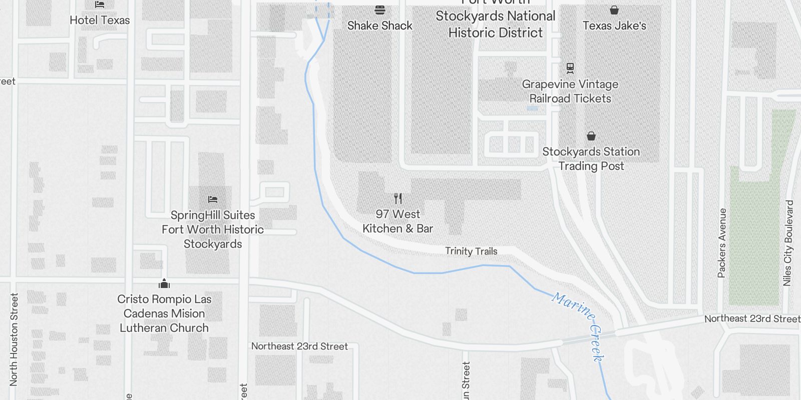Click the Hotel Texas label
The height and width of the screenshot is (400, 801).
pyautogui.click(x=100, y=20)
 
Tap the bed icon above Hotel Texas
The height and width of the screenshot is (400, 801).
pyautogui.click(x=100, y=5)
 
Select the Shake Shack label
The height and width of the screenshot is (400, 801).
pyautogui.click(x=379, y=25)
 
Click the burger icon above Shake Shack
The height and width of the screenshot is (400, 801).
pyautogui.click(x=379, y=10)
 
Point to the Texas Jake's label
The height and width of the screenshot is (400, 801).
pyautogui.click(x=614, y=25)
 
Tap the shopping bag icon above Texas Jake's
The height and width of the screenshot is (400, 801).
pyautogui.click(x=614, y=10)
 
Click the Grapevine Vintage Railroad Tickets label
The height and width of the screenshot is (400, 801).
pyautogui.click(x=570, y=91)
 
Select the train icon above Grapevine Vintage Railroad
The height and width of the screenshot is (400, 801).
pyautogui.click(x=570, y=68)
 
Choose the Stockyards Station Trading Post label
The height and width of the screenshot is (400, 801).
pyautogui.click(x=591, y=159)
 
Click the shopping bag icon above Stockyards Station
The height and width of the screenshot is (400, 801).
pyautogui.click(x=591, y=136)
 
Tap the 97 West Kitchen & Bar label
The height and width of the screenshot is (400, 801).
pyautogui.click(x=398, y=221)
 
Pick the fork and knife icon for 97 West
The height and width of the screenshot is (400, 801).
pyautogui.click(x=398, y=198)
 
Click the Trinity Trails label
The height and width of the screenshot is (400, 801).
pyautogui.click(x=471, y=251)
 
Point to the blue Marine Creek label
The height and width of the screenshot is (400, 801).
pyautogui.click(x=580, y=325)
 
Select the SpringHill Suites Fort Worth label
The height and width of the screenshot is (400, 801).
pyautogui.click(x=213, y=229)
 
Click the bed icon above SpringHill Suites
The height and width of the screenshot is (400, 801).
pyautogui.click(x=213, y=199)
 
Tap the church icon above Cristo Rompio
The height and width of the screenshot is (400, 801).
pyautogui.click(x=164, y=284)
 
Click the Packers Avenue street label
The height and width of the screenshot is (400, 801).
pyautogui.click(x=721, y=243)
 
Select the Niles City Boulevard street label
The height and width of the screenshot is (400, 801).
pyautogui.click(x=788, y=243)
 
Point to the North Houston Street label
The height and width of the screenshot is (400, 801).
pyautogui.click(x=14, y=339)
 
